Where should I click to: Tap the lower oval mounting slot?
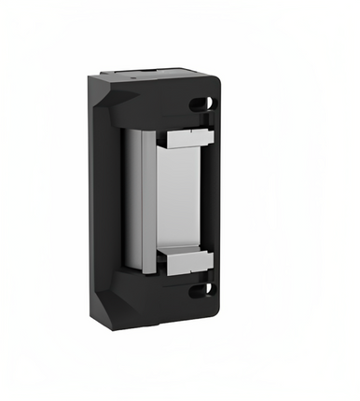201,290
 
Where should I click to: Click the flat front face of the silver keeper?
177,200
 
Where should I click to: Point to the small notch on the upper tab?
195,131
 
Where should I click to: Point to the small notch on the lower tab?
195,253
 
